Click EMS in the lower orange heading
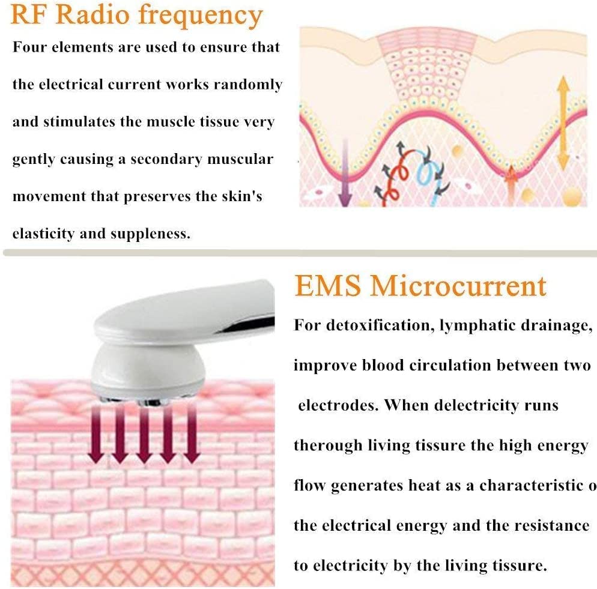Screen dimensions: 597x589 click(327, 286)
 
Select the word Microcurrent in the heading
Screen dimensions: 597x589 click(458, 286)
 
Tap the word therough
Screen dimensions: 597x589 click(328, 446)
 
